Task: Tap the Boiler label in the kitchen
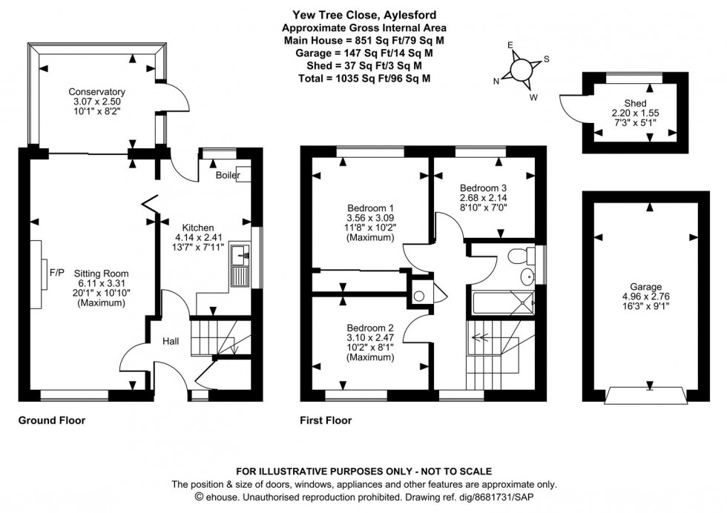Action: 228,176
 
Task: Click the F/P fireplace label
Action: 57,272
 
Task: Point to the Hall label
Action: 171,341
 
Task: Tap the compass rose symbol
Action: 522,69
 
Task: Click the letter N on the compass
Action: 496,82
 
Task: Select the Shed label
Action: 634,103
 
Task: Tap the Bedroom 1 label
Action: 370,208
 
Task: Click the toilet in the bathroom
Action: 522,256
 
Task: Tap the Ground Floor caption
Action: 52,420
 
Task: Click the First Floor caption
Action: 326,420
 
